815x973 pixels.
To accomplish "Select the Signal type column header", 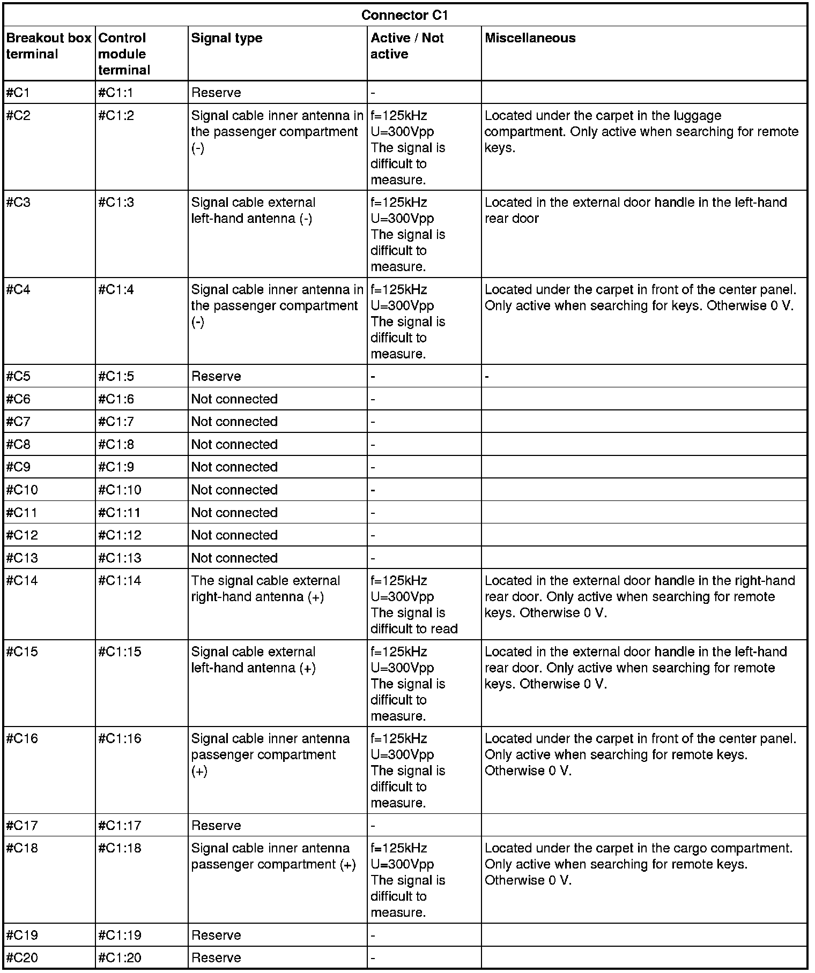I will pos(227,38).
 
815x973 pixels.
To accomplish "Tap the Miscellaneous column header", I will pos(530,38).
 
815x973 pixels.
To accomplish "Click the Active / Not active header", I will pos(407,46).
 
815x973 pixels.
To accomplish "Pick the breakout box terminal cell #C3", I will pos(18,203).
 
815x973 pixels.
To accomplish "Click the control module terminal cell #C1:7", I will pos(116,422).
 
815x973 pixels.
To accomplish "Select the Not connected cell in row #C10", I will pos(234,490).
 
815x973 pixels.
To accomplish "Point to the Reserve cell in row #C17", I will pos(216,825).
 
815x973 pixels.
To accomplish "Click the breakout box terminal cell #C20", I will pos(22,957).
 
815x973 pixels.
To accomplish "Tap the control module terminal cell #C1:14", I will pos(120,581).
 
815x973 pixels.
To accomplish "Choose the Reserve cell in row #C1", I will pos(216,93).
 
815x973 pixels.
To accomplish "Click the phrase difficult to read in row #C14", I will pos(414,628).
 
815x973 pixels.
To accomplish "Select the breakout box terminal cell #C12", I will pos(22,535).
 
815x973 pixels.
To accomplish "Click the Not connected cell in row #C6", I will pos(234,399).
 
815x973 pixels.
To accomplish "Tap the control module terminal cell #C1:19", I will pos(120,935).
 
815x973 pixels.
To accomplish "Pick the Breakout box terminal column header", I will pos(49,46).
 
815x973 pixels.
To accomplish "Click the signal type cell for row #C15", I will pos(253,660).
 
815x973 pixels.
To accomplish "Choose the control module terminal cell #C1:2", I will pos(116,116).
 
